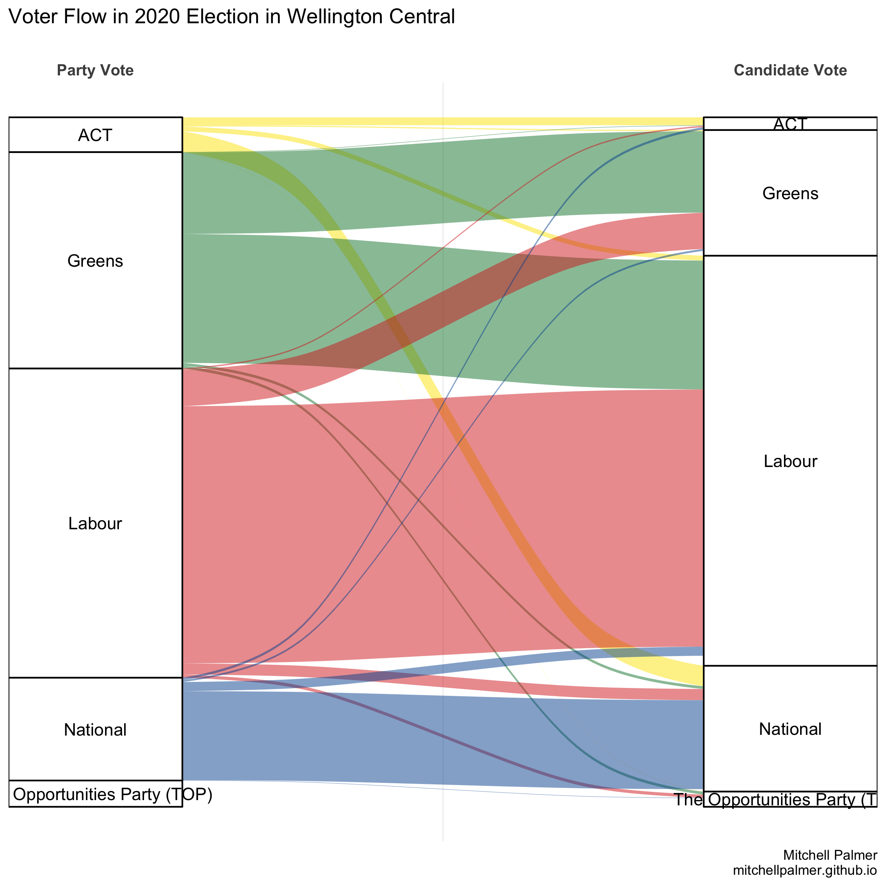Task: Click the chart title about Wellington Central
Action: point(231,17)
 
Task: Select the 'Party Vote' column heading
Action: point(95,70)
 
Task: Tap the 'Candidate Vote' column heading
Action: point(790,70)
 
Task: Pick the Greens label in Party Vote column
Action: point(95,261)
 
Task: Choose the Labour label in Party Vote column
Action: point(95,523)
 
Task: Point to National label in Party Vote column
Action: point(95,730)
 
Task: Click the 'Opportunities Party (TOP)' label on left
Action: point(113,794)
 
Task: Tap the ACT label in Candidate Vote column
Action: point(790,124)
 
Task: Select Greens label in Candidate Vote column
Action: point(790,194)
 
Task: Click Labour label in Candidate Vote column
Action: point(790,461)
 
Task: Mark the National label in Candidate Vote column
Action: point(790,729)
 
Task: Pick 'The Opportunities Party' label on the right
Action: point(775,800)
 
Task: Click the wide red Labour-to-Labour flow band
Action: point(321,527)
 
